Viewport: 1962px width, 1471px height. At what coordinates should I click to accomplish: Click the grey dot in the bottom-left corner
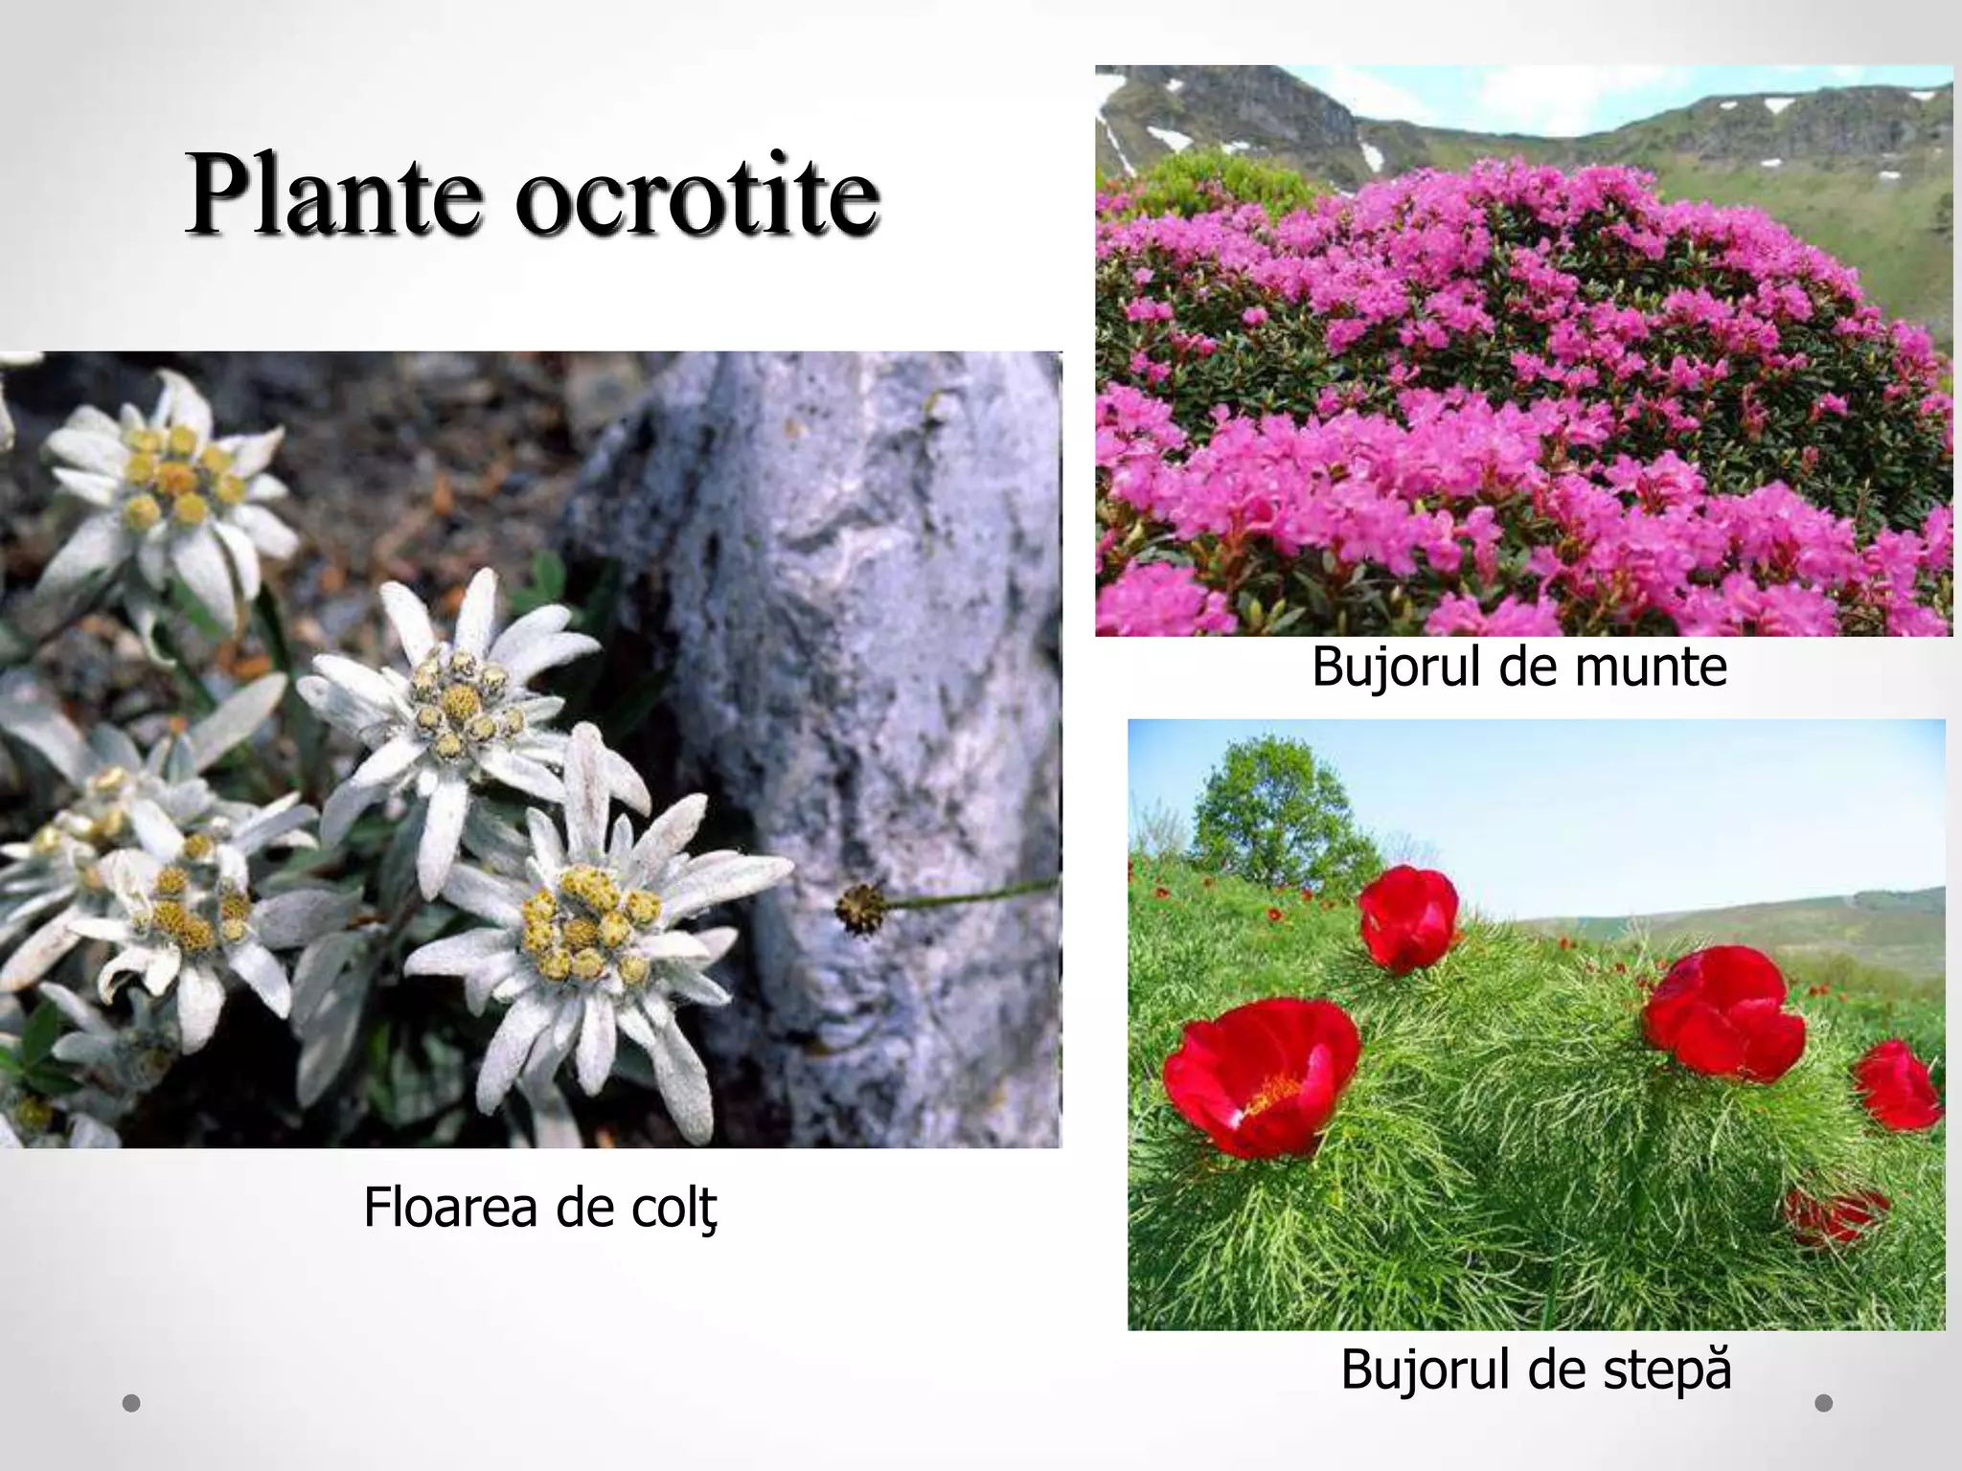pos(132,1403)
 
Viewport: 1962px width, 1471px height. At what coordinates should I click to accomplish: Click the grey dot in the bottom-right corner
pos(1824,1403)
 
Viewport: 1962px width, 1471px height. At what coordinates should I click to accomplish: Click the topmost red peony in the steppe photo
pos(1407,917)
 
